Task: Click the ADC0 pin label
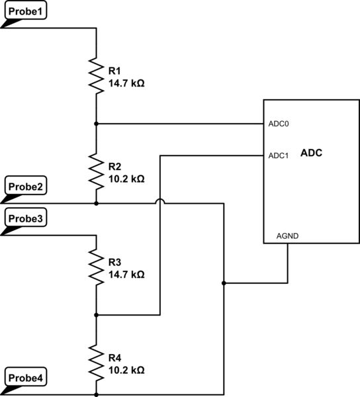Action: click(279, 124)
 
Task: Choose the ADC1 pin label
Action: click(279, 156)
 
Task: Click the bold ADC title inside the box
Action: click(311, 153)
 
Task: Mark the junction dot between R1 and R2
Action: click(97, 124)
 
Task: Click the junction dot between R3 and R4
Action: click(97, 316)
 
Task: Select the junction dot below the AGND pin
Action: click(224, 283)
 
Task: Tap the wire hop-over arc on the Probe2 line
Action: click(160, 201)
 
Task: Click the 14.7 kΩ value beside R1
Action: click(126, 83)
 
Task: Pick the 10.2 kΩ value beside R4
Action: click(126, 370)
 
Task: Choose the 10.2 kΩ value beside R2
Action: click(126, 179)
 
